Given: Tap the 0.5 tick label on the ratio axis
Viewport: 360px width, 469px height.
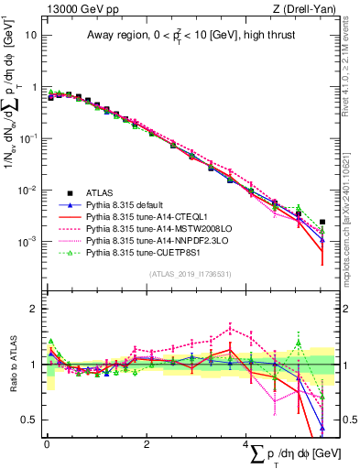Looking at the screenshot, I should pyautogui.click(x=32, y=420).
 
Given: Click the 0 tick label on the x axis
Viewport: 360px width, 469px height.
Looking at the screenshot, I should pyautogui.click(x=47, y=444).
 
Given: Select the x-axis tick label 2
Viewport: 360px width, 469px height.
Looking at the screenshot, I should pyautogui.click(x=147, y=444).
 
